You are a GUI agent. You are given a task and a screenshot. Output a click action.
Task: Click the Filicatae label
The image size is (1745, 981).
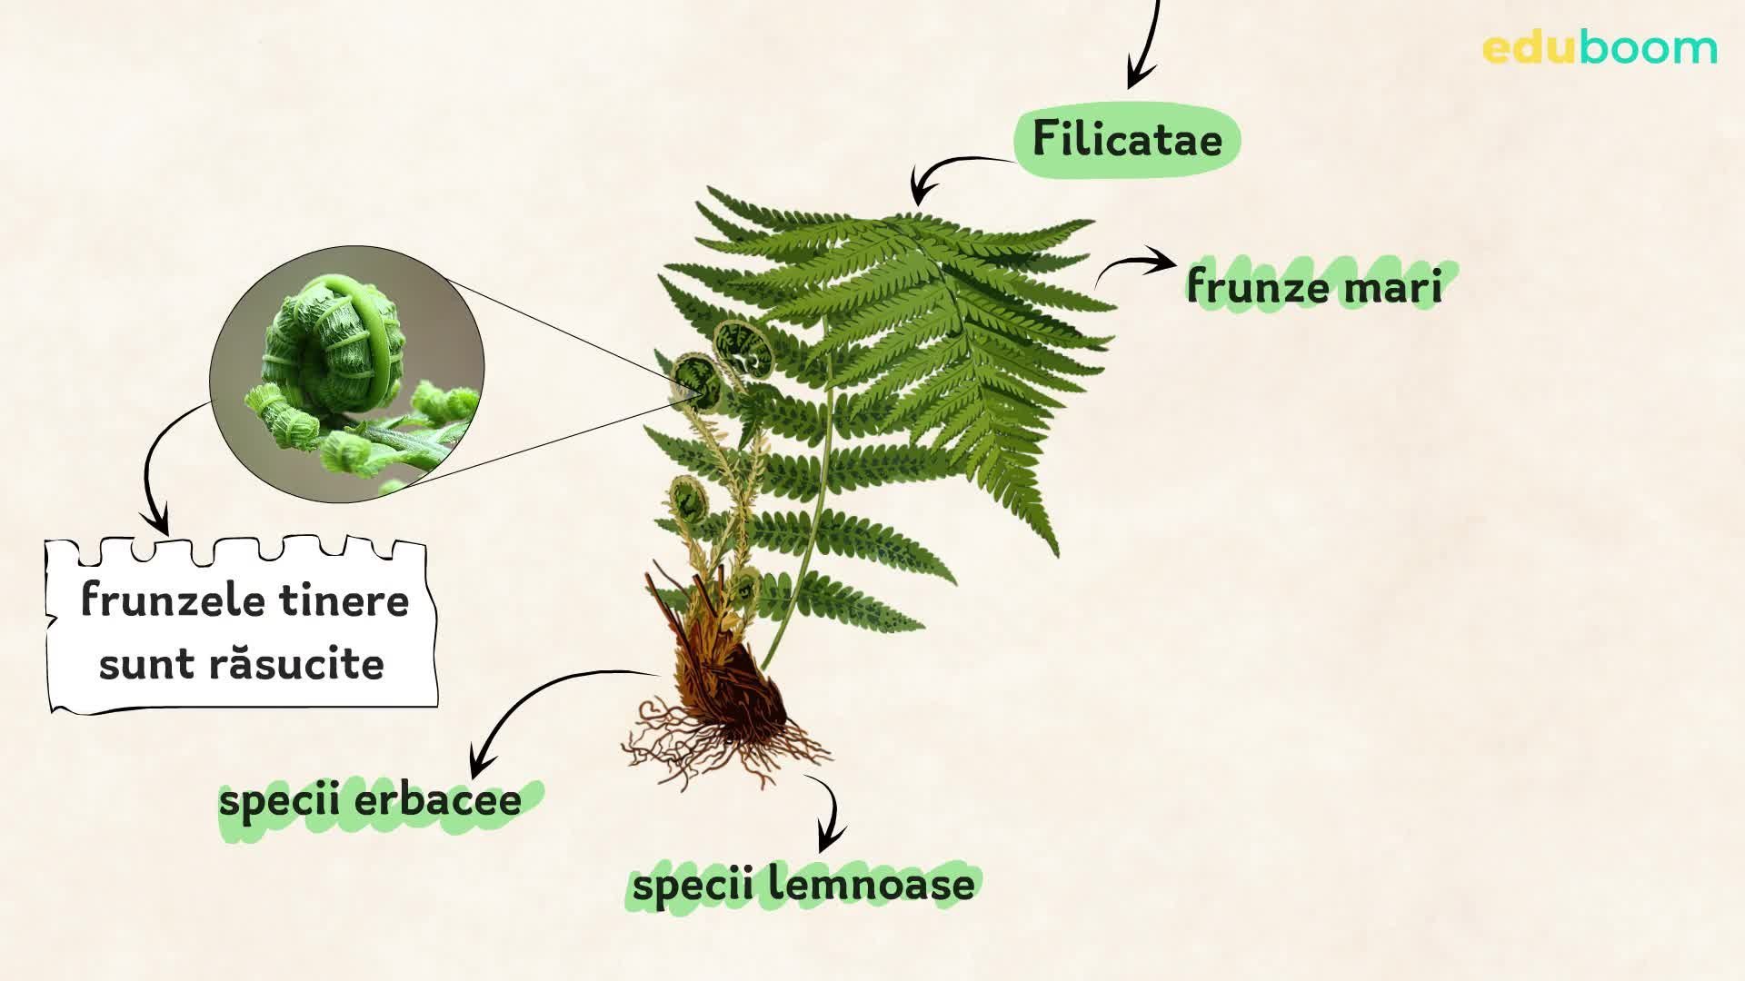(x=1127, y=140)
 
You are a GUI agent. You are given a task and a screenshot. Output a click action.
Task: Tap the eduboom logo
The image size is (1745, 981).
(x=1600, y=48)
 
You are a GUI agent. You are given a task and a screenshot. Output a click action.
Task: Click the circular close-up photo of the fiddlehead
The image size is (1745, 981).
(x=347, y=373)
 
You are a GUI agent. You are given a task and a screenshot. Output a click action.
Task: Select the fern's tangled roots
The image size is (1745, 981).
(x=723, y=740)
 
